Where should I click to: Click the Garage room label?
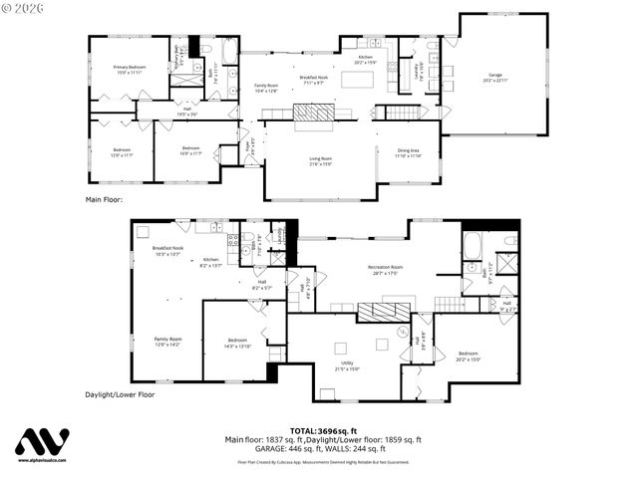click(x=494, y=78)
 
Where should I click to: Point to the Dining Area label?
click(x=407, y=152)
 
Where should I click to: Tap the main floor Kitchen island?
click(x=356, y=79)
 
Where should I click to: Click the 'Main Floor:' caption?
click(x=105, y=199)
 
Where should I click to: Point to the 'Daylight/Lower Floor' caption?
click(x=120, y=394)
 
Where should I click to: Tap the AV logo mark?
click(x=42, y=442)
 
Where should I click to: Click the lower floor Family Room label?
click(x=167, y=342)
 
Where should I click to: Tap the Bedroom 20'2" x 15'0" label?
click(x=469, y=357)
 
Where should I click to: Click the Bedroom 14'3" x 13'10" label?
click(x=237, y=343)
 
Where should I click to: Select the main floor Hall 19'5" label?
click(x=187, y=113)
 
